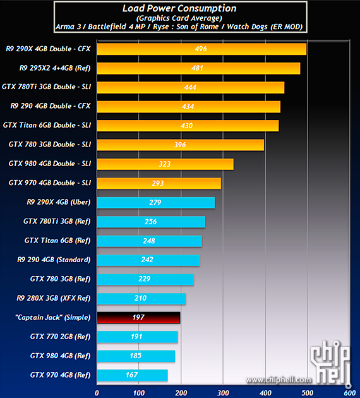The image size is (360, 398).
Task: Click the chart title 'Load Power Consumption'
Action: pyautogui.click(x=179, y=9)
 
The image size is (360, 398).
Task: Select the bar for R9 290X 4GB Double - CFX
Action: pyautogui.click(x=201, y=49)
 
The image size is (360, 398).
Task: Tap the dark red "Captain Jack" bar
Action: pyautogui.click(x=138, y=317)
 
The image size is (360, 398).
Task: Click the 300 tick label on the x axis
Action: pyautogui.click(x=222, y=392)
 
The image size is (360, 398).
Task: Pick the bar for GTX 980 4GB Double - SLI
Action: pyautogui.click(x=165, y=164)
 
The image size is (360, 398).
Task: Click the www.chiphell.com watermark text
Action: pyautogui.click(x=279, y=380)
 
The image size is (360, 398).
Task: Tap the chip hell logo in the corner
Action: pyautogui.click(x=329, y=363)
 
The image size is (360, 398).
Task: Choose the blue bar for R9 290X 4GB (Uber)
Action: pyautogui.click(x=155, y=203)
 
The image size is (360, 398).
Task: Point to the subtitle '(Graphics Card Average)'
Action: pyautogui.click(x=179, y=18)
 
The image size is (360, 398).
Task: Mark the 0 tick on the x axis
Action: pyautogui.click(x=97, y=392)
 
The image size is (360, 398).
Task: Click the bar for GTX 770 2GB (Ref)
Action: pyautogui.click(x=137, y=337)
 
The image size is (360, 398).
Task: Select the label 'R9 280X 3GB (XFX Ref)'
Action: pyautogui.click(x=54, y=298)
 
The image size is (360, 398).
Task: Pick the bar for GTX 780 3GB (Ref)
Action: pyautogui.click(x=145, y=279)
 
